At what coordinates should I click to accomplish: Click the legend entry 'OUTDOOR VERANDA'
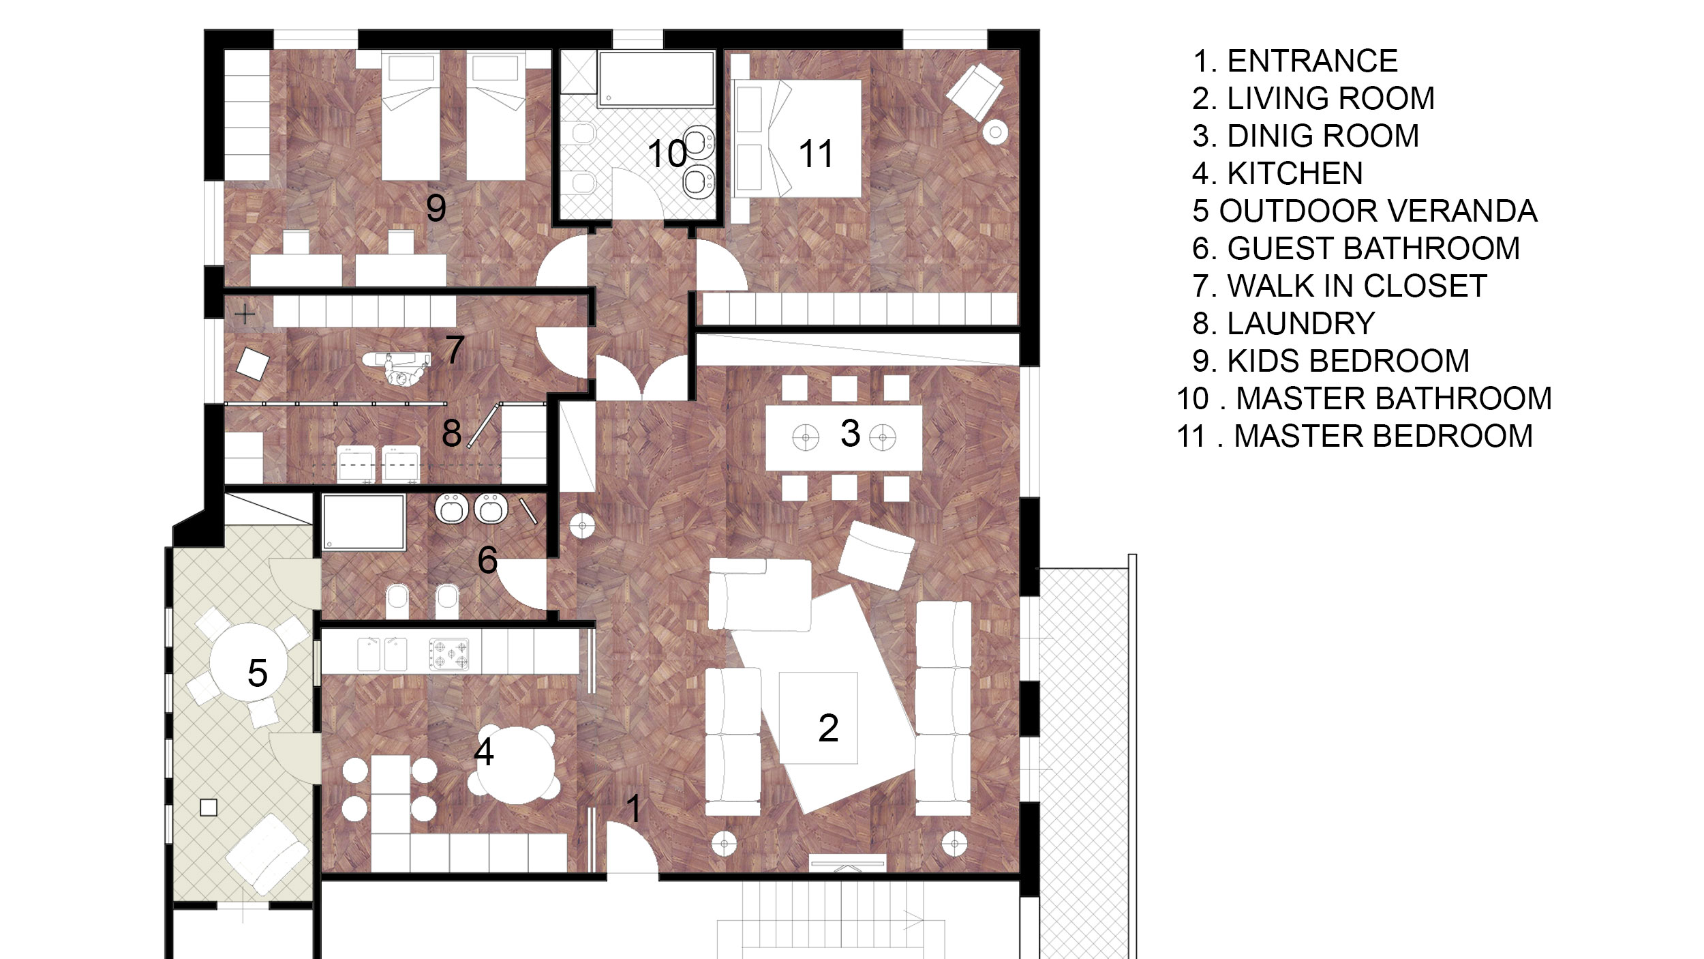(1378, 211)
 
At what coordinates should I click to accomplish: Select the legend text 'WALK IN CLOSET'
(1357, 286)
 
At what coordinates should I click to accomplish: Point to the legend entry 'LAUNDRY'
(1301, 323)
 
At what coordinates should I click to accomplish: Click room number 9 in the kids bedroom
(436, 207)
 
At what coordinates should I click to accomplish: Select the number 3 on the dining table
(850, 433)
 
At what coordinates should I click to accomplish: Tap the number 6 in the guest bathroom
(487, 560)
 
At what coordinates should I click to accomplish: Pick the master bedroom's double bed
(796, 139)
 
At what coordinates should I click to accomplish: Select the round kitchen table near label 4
(519, 765)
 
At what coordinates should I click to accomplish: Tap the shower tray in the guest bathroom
(364, 522)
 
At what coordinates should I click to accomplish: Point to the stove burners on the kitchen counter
(448, 654)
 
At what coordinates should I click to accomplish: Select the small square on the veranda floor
(209, 808)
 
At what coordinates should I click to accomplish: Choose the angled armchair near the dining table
(876, 555)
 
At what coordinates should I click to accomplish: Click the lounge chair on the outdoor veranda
(267, 854)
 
